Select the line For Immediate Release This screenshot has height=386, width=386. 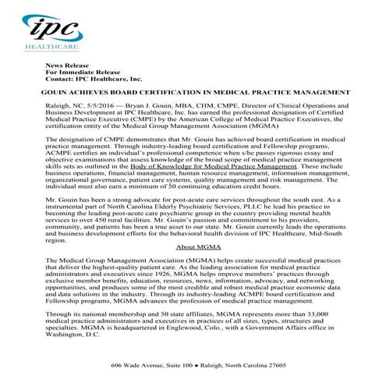tap(76, 73)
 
